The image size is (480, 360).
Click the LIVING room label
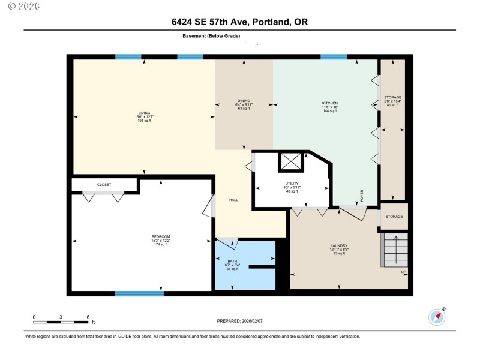(x=144, y=112)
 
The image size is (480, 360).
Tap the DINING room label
(x=243, y=101)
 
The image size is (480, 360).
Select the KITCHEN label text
(x=330, y=103)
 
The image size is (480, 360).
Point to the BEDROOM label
(x=161, y=236)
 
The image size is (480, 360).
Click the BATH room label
(x=232, y=260)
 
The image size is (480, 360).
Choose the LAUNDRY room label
(x=339, y=246)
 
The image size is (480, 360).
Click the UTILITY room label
(x=292, y=184)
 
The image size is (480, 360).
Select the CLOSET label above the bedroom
(x=104, y=185)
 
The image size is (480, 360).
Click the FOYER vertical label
(x=362, y=196)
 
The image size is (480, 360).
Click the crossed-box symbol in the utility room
(x=291, y=163)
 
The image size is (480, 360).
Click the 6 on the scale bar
(x=88, y=316)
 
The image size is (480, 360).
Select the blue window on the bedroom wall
(x=139, y=293)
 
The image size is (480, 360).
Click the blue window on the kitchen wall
(x=334, y=57)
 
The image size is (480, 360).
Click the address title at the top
(x=240, y=22)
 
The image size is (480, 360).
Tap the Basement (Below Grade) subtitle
(x=211, y=37)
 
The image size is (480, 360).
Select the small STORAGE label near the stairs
(x=394, y=217)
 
